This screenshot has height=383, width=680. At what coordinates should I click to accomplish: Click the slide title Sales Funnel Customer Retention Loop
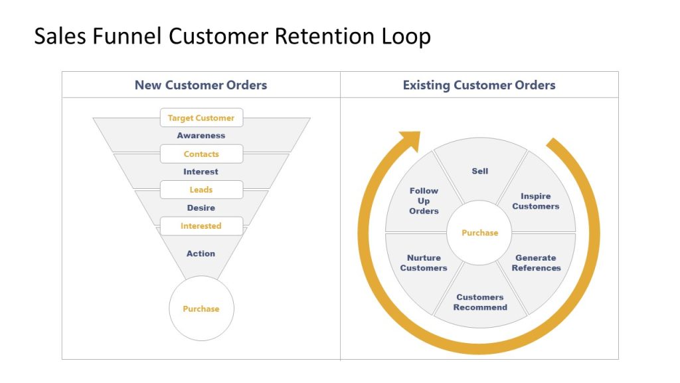point(232,36)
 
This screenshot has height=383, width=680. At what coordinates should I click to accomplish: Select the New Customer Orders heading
point(201,85)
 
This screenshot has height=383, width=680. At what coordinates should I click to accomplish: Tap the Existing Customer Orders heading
point(479,85)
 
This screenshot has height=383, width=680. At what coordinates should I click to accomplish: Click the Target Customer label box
point(201,118)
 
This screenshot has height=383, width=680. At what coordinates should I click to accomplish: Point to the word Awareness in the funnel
point(201,136)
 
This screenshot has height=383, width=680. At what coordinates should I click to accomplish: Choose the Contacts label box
point(201,154)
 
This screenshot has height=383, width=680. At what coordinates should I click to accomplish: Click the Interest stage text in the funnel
point(201,172)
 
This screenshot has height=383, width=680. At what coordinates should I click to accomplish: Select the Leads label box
point(201,190)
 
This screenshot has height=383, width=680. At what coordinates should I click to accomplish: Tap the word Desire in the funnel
point(201,208)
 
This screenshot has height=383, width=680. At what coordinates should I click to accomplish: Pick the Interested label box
point(201,226)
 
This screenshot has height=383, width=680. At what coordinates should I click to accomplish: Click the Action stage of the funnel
point(201,253)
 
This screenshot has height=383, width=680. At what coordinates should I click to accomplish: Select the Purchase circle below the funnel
point(201,309)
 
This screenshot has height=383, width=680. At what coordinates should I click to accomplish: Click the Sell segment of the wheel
point(480,172)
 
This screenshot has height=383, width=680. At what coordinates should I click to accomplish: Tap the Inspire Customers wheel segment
point(536,201)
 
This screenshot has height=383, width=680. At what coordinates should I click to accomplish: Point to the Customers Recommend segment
point(480,303)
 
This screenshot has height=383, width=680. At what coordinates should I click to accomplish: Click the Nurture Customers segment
point(424,263)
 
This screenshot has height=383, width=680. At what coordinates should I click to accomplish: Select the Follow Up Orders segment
point(424,201)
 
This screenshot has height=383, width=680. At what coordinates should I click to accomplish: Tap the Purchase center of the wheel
point(480,233)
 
